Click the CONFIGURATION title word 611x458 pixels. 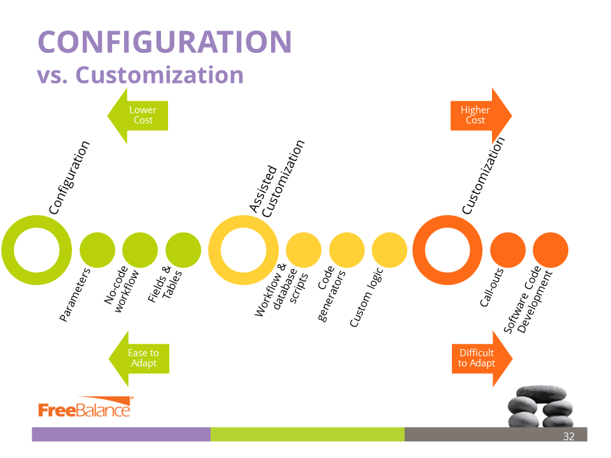coord(164,42)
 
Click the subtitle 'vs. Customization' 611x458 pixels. coord(140,74)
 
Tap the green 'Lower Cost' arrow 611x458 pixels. coord(138,115)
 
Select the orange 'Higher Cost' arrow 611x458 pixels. coord(479,115)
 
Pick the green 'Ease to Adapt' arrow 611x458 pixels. coord(139,358)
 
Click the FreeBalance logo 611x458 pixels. coord(85,409)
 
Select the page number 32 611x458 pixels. coord(568,436)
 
